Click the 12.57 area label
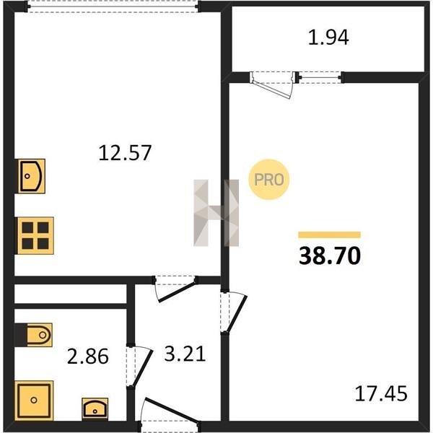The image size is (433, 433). click(125, 152)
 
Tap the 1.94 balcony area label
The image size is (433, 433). click(328, 38)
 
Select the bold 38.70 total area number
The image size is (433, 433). click(330, 255)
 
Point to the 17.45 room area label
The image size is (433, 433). click(381, 393)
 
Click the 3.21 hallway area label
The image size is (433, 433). click(185, 354)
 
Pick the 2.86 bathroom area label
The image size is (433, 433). click(88, 356)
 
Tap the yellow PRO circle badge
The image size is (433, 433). click(269, 180)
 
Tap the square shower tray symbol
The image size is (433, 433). click(34, 400)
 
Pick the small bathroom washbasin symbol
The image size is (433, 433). click(95, 408)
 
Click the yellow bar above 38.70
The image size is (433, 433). click(330, 235)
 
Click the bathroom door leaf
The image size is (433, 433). click(142, 367)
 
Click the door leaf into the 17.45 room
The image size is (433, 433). click(237, 314)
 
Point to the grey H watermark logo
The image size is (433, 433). click(216, 213)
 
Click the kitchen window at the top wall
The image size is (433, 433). click(113, 6)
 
